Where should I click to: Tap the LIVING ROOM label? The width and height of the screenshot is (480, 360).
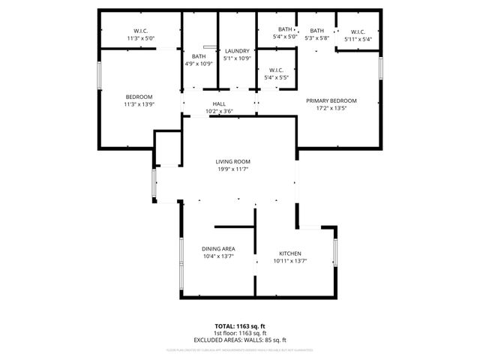point(232,162)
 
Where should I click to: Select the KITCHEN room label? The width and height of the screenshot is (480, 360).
point(290,253)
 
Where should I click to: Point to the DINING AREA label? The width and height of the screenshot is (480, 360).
point(218,249)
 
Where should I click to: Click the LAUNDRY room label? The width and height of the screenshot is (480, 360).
point(237,51)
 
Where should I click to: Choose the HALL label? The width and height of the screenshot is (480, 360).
point(219,104)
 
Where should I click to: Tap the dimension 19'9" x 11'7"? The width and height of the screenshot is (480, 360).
point(232,169)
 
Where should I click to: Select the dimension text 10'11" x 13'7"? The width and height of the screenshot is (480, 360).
point(290,261)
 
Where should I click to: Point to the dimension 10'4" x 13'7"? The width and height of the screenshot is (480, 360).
point(218,256)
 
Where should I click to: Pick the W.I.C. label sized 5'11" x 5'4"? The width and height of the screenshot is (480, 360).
point(358,31)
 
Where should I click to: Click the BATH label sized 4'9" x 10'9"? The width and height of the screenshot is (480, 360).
point(199,56)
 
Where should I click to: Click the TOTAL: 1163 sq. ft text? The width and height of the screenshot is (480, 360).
point(240,326)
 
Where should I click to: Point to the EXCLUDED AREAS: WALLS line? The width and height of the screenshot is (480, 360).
point(240,340)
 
